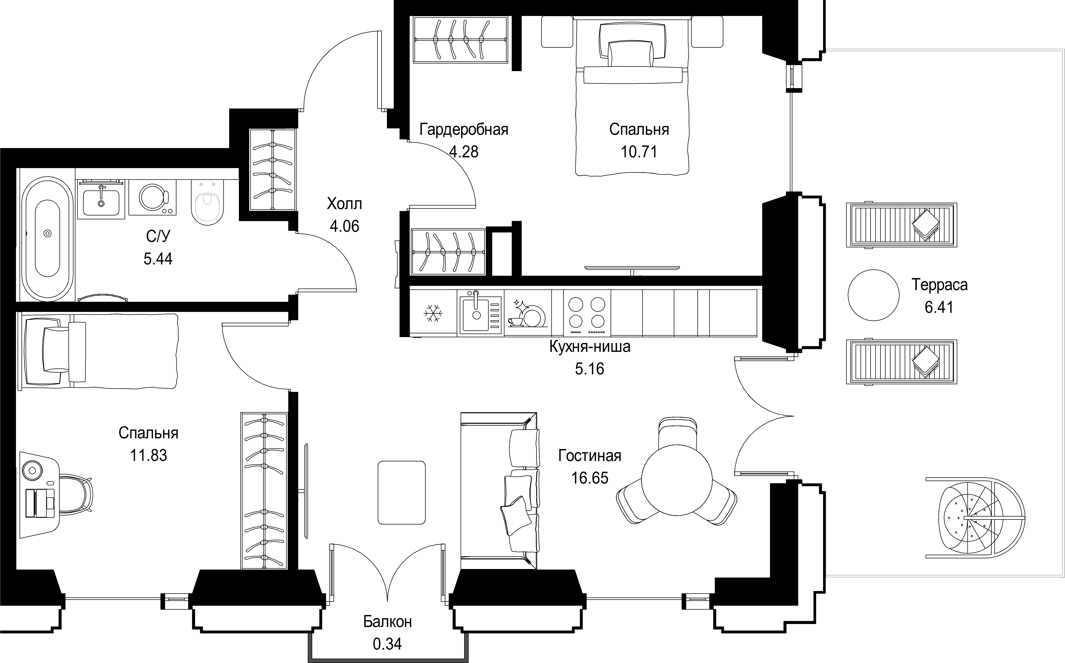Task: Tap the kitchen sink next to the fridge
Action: point(480,313)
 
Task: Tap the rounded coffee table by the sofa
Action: point(402,492)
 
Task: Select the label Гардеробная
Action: point(464,130)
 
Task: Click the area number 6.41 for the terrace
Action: point(939,307)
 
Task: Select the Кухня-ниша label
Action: point(590,346)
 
